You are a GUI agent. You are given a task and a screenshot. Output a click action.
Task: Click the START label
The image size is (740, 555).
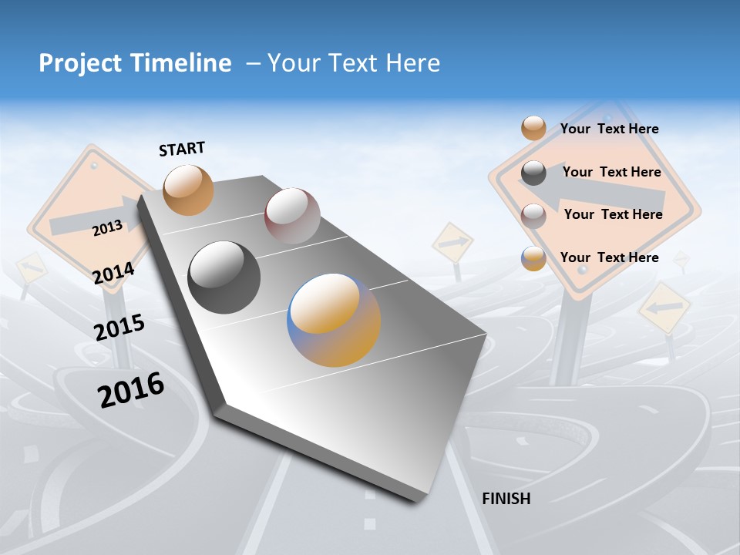point(182,149)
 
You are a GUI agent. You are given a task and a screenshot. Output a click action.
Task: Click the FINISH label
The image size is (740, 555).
point(506,499)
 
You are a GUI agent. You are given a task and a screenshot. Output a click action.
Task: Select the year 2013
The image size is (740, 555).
point(107,228)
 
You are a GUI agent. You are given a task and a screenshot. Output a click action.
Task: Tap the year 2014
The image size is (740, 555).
point(113,274)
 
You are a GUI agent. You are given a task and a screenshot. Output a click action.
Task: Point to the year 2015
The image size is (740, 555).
point(119,328)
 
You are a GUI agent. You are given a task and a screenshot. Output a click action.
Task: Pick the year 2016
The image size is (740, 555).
point(131,390)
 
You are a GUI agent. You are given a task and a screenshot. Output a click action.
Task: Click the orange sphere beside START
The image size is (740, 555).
point(188,190)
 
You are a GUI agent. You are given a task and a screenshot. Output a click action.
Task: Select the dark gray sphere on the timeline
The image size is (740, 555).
point(224,277)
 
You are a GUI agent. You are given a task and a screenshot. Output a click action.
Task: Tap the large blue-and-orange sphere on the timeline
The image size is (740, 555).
point(334,320)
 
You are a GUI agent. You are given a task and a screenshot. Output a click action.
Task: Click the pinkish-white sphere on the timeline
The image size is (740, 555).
point(292,216)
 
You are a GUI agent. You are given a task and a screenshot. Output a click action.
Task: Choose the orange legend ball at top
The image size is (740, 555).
point(533,129)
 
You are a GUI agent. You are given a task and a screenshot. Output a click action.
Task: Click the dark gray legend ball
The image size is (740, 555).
point(533,173)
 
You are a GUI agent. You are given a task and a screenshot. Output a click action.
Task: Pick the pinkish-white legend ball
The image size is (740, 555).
point(533,215)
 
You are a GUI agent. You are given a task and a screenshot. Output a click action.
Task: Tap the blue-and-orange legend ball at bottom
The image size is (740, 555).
point(533,258)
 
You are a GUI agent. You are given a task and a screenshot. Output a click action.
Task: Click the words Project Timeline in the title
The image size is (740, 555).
point(135,63)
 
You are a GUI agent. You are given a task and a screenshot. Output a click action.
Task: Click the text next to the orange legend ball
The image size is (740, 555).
point(609,129)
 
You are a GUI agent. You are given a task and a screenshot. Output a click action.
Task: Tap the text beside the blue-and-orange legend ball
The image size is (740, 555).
point(609,257)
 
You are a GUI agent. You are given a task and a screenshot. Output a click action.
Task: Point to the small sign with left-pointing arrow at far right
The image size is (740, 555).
point(664,307)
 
